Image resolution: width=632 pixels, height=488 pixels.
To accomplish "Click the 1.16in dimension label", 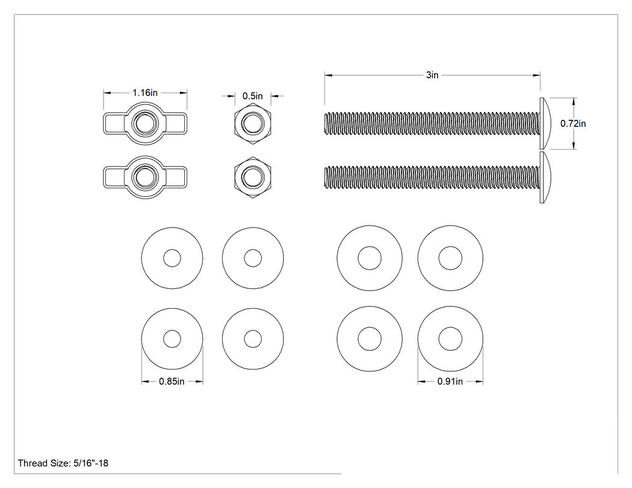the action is pyautogui.click(x=145, y=93).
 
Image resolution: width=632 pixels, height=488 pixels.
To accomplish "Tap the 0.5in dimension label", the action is pyautogui.click(x=253, y=96).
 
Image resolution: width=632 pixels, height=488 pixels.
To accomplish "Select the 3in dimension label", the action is pyautogui.click(x=432, y=75).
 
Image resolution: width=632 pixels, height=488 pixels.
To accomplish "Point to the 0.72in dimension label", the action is pyautogui.click(x=573, y=123).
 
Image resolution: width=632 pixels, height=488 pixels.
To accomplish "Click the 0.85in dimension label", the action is pyautogui.click(x=172, y=381).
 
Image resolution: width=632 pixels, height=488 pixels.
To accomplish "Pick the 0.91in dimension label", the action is pyautogui.click(x=450, y=381).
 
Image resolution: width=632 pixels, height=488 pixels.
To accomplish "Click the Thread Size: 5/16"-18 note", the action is pyautogui.click(x=63, y=463).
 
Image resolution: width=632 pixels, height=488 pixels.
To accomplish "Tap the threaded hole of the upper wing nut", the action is pyautogui.click(x=145, y=123).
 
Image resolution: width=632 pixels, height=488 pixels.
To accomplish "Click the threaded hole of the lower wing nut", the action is pyautogui.click(x=145, y=177).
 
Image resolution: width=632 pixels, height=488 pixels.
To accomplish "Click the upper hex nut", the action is pyautogui.click(x=253, y=123).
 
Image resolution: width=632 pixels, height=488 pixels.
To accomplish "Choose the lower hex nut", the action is pyautogui.click(x=253, y=177).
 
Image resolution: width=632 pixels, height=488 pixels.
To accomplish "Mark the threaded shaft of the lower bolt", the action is pyautogui.click(x=432, y=177).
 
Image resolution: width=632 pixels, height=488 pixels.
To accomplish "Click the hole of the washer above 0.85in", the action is pyautogui.click(x=172, y=339).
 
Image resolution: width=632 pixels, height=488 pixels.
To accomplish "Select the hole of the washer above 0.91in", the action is pyautogui.click(x=450, y=339).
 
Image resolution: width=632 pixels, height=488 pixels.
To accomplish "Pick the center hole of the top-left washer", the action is pyautogui.click(x=172, y=258).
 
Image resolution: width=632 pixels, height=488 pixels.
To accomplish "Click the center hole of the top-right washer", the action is pyautogui.click(x=450, y=258).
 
